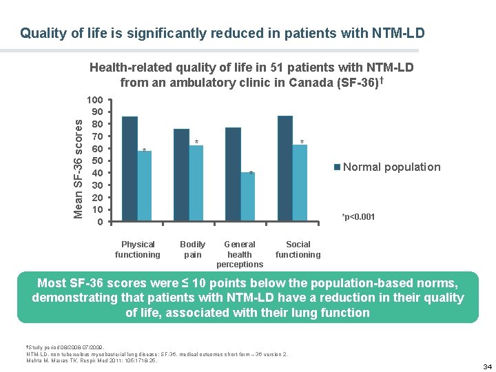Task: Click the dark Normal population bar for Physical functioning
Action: click(130, 168)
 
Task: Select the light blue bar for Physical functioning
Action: click(145, 186)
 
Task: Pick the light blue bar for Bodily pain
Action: click(196, 183)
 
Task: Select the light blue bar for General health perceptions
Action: click(248, 196)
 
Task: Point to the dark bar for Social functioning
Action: click(285, 168)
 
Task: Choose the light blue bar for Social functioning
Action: click(300, 183)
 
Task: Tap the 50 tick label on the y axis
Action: click(98, 161)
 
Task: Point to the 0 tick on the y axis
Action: click(101, 222)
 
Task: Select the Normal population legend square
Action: click(337, 167)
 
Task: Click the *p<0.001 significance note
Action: click(358, 218)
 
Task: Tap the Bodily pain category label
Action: click(193, 249)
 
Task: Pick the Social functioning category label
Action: click(298, 249)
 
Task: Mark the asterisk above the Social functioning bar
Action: click(302, 143)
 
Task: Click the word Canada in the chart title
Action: click(315, 83)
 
